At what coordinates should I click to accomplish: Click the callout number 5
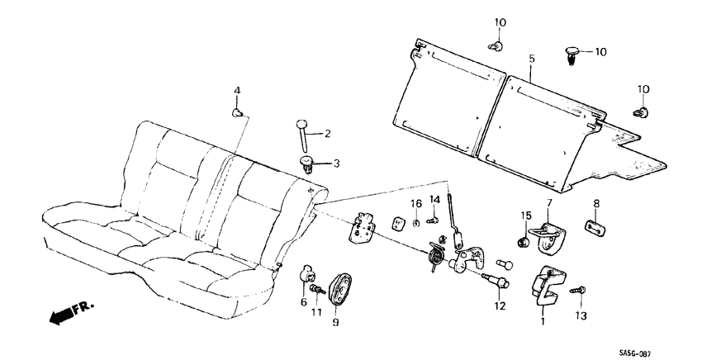(x=532, y=59)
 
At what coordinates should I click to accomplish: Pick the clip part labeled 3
(x=308, y=163)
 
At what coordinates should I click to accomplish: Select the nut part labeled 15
(x=522, y=242)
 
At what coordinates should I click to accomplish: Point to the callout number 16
(x=417, y=203)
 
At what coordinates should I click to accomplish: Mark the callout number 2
(x=327, y=133)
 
